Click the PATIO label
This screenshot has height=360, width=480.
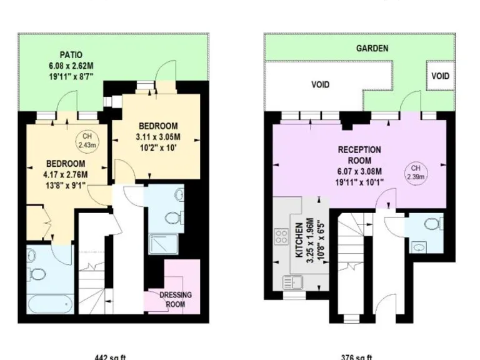click(x=71, y=55)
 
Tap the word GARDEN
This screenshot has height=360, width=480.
click(x=372, y=48)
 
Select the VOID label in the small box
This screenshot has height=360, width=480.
click(x=440, y=76)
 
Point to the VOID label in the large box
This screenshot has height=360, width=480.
click(x=320, y=84)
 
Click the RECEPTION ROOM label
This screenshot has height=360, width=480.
click(x=359, y=154)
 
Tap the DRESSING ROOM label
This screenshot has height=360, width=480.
click(x=175, y=299)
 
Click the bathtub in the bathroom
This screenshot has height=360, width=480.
click(x=49, y=305)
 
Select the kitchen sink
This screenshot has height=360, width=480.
click(x=290, y=282)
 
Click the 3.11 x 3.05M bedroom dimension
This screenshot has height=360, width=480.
click(x=158, y=137)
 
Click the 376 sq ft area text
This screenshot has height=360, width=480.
click(x=357, y=357)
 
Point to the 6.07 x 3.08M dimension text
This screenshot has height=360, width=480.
click(x=359, y=172)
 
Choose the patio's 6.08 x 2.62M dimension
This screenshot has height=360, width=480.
click(x=71, y=66)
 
